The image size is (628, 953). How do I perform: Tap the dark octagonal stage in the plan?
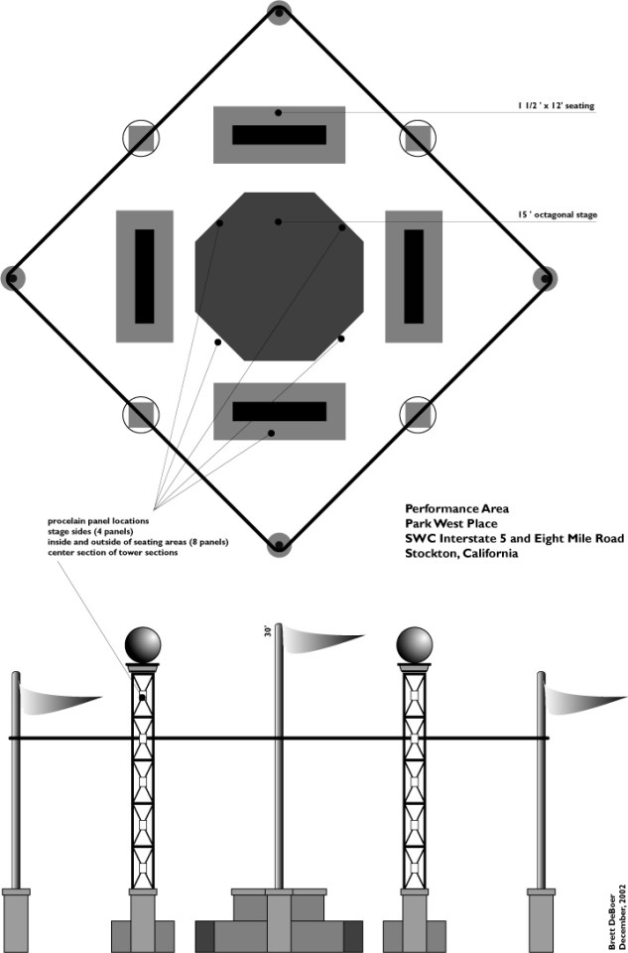279,275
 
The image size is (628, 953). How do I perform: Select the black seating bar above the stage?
279,135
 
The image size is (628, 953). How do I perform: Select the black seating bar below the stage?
279,411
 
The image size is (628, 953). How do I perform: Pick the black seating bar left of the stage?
145,275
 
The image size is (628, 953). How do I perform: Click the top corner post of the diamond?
279,13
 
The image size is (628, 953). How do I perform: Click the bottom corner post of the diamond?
279,542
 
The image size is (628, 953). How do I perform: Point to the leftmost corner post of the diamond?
13,278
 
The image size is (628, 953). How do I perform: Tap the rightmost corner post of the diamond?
545,278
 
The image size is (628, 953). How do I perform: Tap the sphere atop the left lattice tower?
143,644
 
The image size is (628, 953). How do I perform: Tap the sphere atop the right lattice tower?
414,644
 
